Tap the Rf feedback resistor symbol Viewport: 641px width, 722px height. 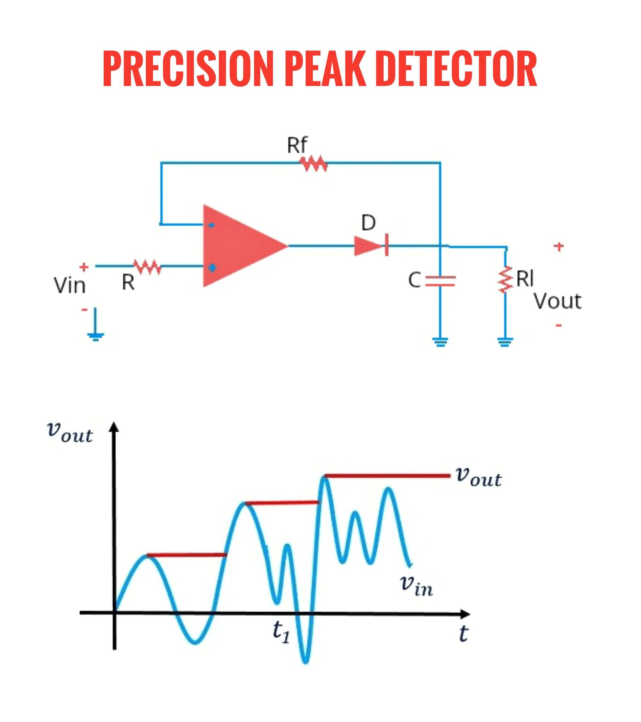pyautogui.click(x=313, y=163)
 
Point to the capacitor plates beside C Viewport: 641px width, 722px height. pyautogui.click(x=440, y=281)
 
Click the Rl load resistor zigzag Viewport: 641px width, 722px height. pyautogui.click(x=506, y=280)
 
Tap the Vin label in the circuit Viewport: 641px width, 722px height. pyautogui.click(x=69, y=286)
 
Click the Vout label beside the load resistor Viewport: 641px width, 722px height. pyautogui.click(x=557, y=301)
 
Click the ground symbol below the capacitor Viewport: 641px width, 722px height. pyautogui.click(x=440, y=342)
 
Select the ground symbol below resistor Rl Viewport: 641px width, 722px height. pyautogui.click(x=505, y=342)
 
